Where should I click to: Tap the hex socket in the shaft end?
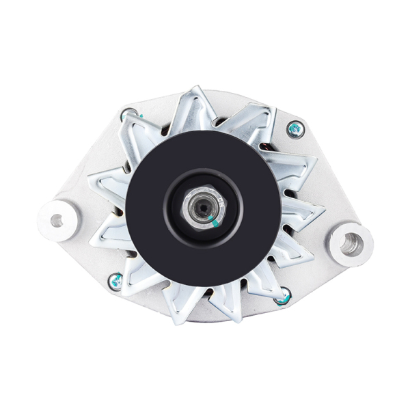(x=202, y=204)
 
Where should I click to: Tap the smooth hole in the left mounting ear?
(x=56, y=220)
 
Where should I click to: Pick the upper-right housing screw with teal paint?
(x=295, y=128)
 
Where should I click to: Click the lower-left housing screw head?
(x=116, y=280)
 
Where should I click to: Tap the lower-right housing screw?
(x=282, y=297)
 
